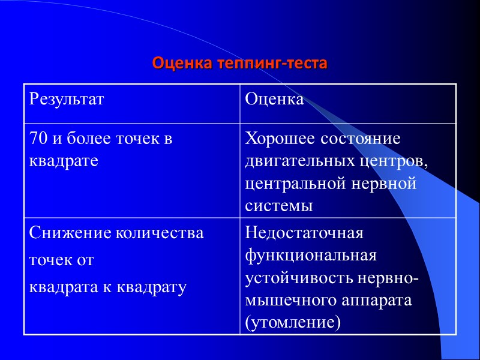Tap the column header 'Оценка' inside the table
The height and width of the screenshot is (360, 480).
[274, 99]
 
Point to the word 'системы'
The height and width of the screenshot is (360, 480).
[279, 206]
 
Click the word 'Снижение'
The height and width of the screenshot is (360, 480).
[65, 233]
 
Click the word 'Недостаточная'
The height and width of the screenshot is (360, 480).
[305, 233]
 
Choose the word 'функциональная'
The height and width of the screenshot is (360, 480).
[311, 256]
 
